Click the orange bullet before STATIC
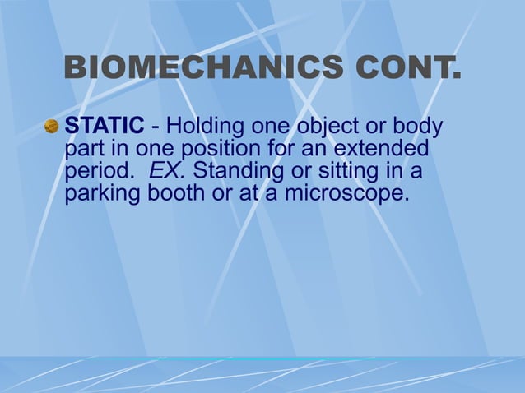tap(51, 127)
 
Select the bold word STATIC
tap(105, 128)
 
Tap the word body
tap(419, 128)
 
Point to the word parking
tap(103, 196)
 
